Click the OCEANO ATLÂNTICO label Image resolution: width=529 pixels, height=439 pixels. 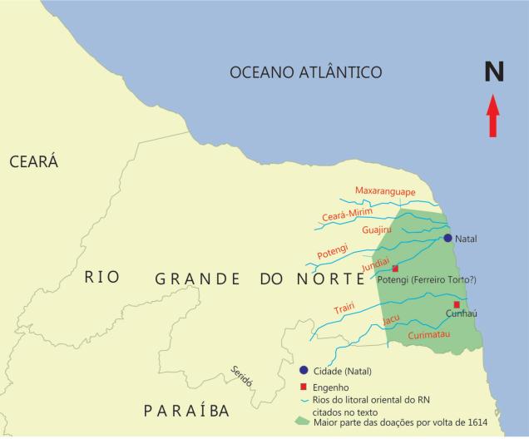pos(305,73)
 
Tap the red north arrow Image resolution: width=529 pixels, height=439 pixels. pos(493,116)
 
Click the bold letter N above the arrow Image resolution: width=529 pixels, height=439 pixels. pos(495,74)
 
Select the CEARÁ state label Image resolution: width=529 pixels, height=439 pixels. pos(33,162)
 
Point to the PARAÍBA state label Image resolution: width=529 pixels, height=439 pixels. pos(185,411)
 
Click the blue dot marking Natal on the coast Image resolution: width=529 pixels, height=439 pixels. pos(447,238)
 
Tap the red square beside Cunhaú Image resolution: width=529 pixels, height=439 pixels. pos(457,304)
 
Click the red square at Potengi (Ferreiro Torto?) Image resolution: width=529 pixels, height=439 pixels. pos(395,269)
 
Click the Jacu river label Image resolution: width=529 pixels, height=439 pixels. pos(391,318)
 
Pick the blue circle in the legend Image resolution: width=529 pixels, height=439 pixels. pos(304,370)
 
